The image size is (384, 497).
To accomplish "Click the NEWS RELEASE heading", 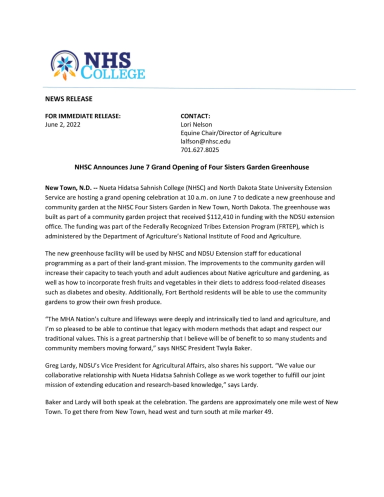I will [69, 99].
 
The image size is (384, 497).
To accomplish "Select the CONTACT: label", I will [195, 116].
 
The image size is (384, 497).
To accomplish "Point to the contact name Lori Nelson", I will [196, 124].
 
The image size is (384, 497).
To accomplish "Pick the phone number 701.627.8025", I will [199, 149].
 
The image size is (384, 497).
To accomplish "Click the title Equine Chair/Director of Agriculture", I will [230, 133].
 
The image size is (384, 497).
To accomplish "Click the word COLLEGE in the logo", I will [113, 73].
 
